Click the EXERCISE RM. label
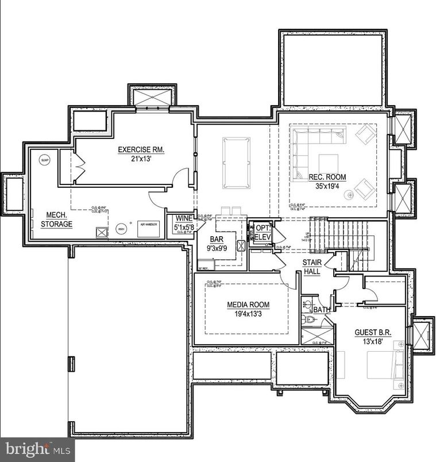click(x=141, y=150)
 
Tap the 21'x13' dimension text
click(x=141, y=159)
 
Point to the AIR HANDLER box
click(x=148, y=228)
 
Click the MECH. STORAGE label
click(x=59, y=220)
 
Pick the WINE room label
click(x=184, y=218)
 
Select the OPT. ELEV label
click(x=263, y=232)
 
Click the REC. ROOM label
click(x=327, y=177)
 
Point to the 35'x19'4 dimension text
click(x=327, y=186)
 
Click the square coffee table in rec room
click(x=329, y=163)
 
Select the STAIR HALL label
click(x=312, y=267)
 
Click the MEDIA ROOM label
click(x=248, y=305)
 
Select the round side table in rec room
click(x=349, y=195)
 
